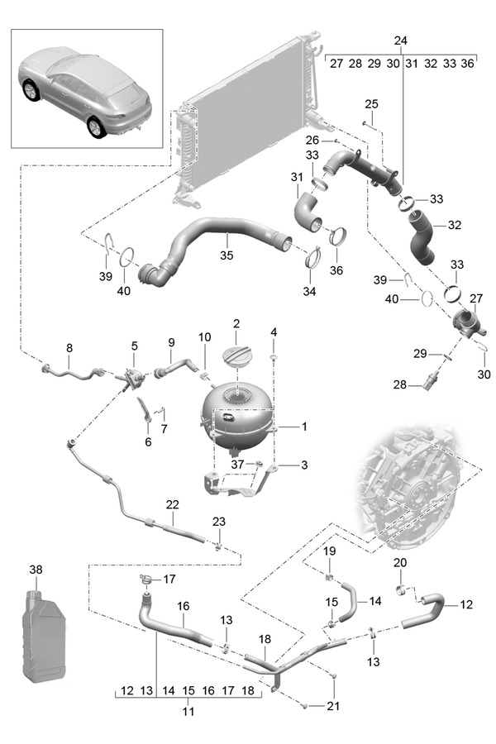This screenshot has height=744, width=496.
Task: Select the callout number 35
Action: [227, 256]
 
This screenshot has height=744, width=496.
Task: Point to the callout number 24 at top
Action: [400, 41]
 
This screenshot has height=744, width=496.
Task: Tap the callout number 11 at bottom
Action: [188, 711]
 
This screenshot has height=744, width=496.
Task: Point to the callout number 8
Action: [69, 349]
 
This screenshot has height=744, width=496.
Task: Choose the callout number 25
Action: [371, 103]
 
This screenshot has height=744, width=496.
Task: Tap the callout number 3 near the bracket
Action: [303, 465]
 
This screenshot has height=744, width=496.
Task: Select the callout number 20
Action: [402, 563]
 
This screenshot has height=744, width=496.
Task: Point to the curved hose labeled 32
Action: [424, 239]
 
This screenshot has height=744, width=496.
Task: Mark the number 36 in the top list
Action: [467, 63]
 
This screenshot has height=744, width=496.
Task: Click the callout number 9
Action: [172, 342]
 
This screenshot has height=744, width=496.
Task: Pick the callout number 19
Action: [329, 551]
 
